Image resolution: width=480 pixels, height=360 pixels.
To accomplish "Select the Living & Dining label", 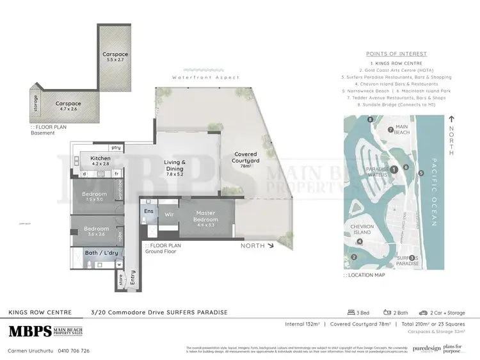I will click(x=174, y=166).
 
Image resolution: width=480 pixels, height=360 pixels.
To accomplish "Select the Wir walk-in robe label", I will click(x=170, y=214).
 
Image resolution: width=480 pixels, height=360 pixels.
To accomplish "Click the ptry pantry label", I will click(x=116, y=148).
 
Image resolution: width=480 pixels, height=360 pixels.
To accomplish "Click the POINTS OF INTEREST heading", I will click(x=397, y=54).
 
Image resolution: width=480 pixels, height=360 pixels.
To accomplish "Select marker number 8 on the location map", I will click(x=370, y=120).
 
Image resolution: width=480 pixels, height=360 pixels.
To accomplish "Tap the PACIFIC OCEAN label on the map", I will click(x=433, y=192).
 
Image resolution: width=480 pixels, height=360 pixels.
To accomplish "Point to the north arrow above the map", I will click(x=451, y=119).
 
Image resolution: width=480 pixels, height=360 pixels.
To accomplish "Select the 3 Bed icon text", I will click(x=360, y=313).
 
